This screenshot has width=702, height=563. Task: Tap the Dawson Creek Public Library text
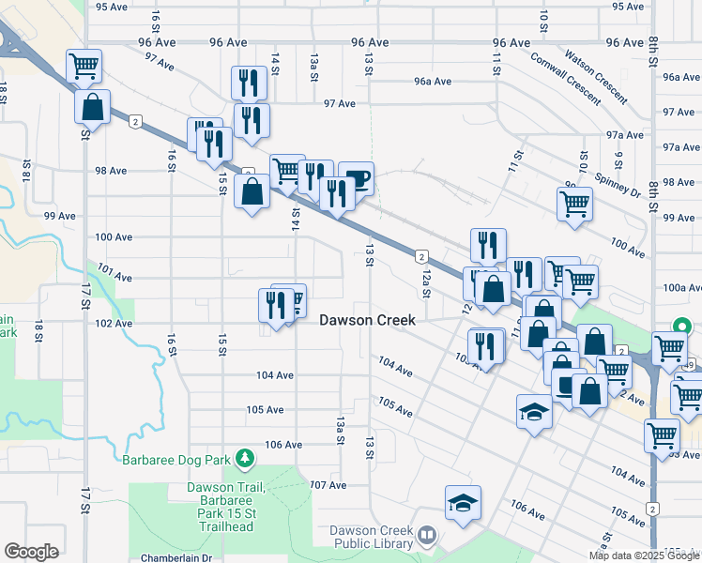coord(372,537)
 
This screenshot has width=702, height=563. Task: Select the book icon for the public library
coord(427,535)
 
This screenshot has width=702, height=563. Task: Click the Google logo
coord(31,552)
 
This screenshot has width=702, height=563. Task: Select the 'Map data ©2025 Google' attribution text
coord(644,555)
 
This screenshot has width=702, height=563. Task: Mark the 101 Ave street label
coord(113,274)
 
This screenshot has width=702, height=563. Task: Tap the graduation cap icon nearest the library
coord(463,504)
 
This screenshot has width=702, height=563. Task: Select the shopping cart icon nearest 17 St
coord(84,66)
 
